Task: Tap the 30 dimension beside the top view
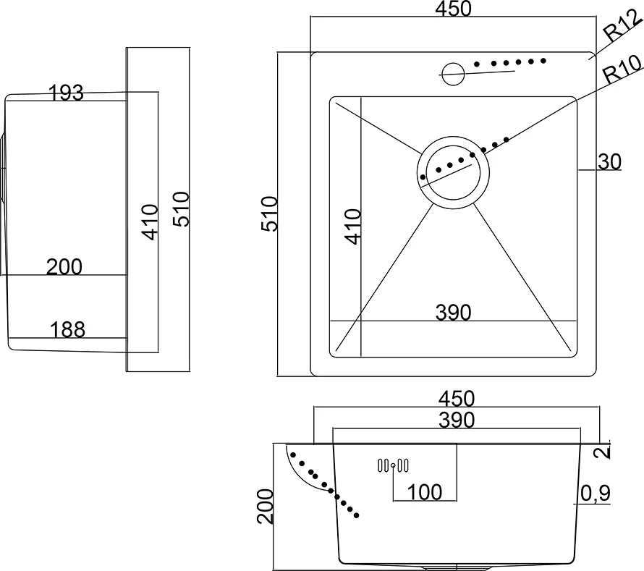tap(609, 162)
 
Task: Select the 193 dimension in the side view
tap(66, 93)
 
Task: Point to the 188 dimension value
tap(67, 329)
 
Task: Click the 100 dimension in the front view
tap(424, 491)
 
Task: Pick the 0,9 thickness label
tap(596, 494)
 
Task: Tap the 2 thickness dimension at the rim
tap(602, 452)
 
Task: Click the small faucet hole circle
tap(452, 74)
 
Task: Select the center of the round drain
tap(453, 172)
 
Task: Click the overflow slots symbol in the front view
tap(393, 465)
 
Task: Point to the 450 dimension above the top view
tap(454, 9)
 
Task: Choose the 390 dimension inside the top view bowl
tap(453, 312)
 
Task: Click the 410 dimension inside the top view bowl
tap(353, 227)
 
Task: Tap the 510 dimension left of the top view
tap(270, 214)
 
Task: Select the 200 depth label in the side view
tap(64, 266)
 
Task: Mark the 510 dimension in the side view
tap(181, 209)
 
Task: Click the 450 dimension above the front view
tap(457, 399)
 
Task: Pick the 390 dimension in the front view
tap(457, 420)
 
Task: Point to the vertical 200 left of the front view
tap(266, 506)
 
